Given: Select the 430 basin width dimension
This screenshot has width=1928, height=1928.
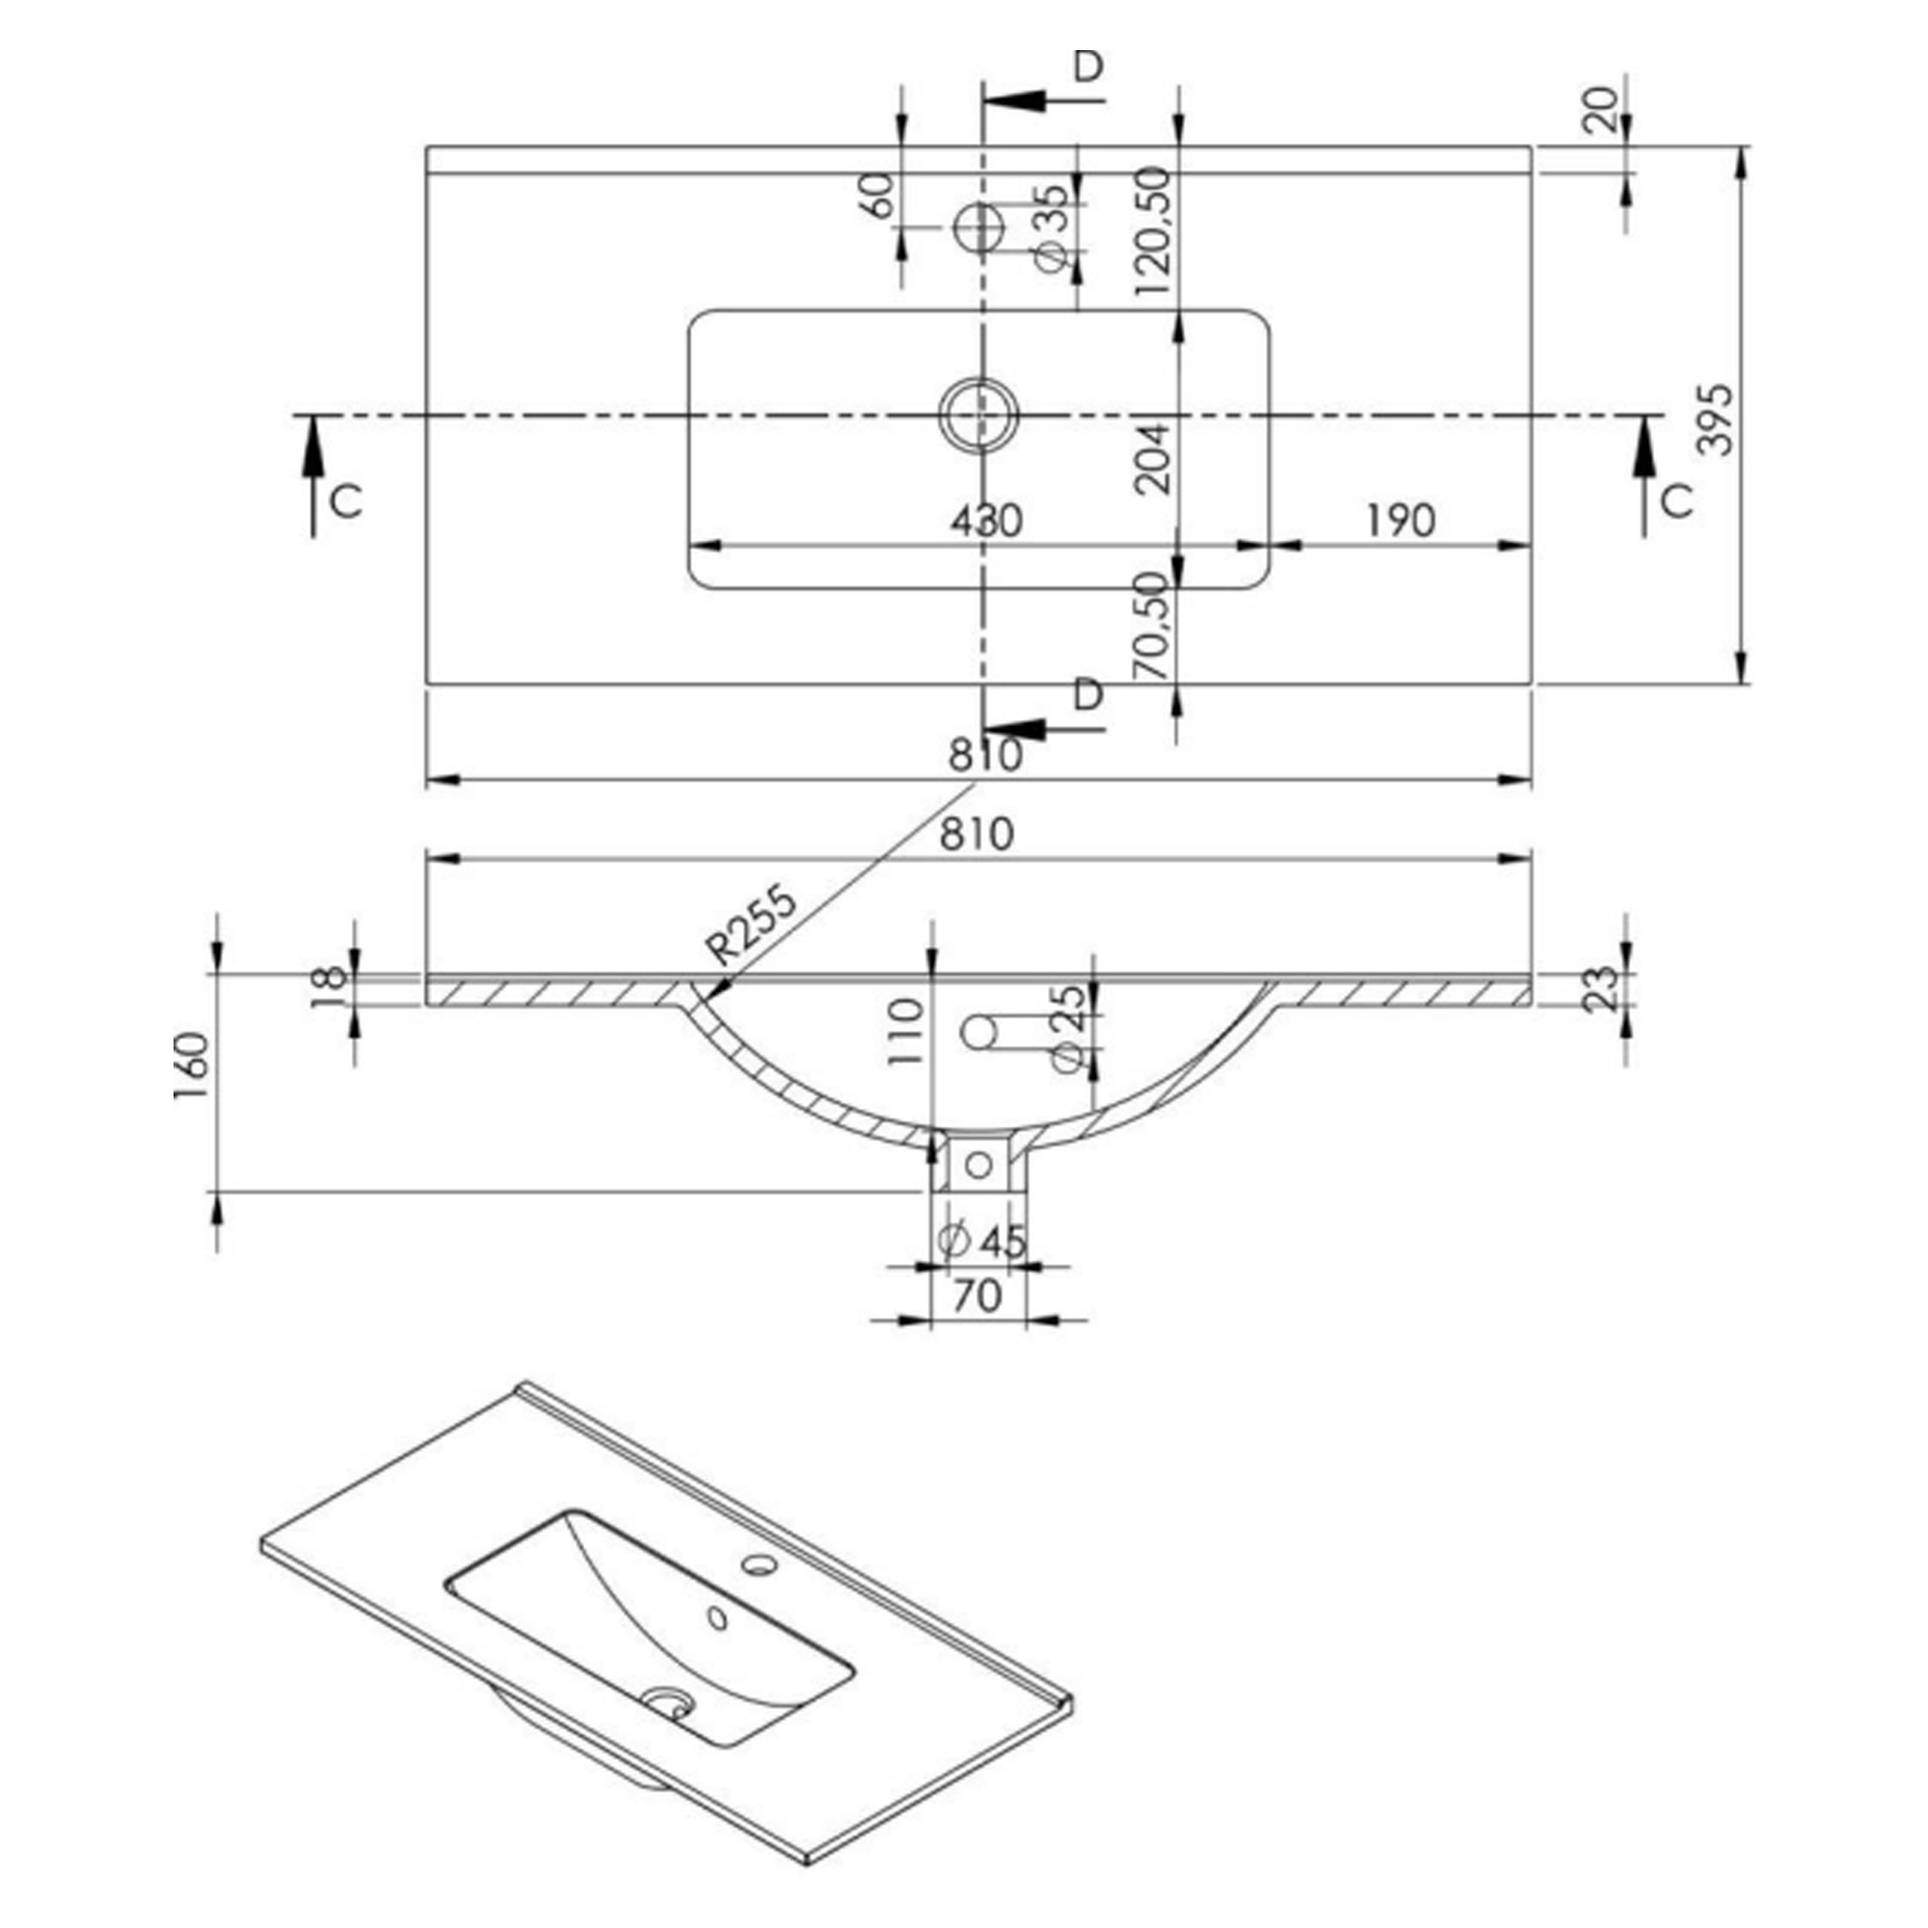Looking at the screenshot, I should [986, 521].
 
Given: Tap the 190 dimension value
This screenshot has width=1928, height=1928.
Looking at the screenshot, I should [1400, 521].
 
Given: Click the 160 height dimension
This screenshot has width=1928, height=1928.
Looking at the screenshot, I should [192, 1066].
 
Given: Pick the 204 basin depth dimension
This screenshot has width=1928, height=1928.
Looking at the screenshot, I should [1154, 458].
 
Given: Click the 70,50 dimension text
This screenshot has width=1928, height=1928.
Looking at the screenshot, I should [1154, 626].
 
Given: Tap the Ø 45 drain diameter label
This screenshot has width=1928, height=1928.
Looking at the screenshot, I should [983, 1241].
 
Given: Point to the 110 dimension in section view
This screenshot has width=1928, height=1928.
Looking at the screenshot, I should [906, 1031].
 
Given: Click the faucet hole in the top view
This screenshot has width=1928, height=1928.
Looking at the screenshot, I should [977, 228].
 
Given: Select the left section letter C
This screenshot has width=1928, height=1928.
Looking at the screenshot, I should [345, 501].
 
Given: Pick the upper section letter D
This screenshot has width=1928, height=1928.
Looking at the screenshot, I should [1087, 66].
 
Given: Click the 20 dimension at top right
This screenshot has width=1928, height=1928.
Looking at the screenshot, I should [1599, 110].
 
